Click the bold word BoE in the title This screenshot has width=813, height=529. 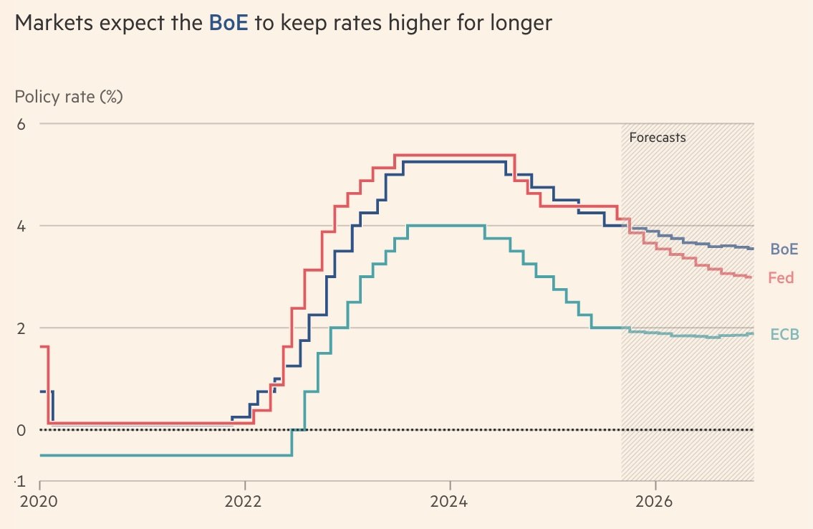click(228, 24)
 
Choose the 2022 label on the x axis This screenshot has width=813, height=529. click(245, 502)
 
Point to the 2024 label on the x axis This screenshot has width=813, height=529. click(450, 502)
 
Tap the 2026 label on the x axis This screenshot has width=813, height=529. click(655, 502)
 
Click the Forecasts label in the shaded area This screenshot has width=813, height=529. click(657, 138)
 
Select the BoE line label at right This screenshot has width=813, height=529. click(784, 249)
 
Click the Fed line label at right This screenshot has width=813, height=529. click(781, 277)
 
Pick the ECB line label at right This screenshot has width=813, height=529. click(784, 334)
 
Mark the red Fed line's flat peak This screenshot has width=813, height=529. click(455, 155)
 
